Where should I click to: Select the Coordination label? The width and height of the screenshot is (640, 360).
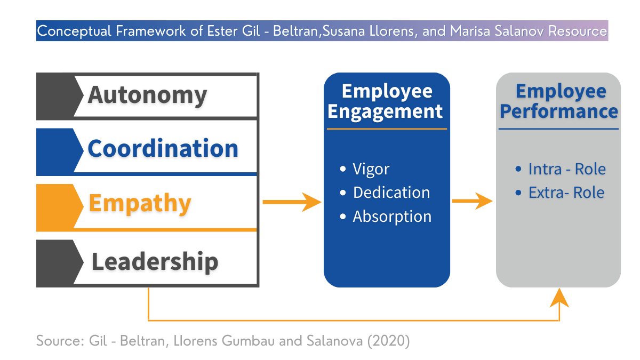coord(163,148)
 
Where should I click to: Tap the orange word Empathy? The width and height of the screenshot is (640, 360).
coord(140,203)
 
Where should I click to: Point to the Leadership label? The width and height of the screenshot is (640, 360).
coord(155,261)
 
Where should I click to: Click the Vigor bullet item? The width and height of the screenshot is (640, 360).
coord(365,169)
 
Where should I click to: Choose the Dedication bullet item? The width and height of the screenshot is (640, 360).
coord(385,193)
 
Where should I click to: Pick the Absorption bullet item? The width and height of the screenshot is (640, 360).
coord(386,217)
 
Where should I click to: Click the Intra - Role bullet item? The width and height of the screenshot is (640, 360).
coord(561,169)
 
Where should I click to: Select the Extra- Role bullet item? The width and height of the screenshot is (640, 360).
coord(560,193)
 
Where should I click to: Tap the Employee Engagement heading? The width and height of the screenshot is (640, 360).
coord(386,102)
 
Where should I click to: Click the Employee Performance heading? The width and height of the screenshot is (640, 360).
coord(559,101)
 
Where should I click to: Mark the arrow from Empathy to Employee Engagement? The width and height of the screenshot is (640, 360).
coord(292,202)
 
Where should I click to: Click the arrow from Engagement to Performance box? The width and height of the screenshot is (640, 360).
coord(473,201)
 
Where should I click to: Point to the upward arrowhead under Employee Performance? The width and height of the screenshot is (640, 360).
coord(559,298)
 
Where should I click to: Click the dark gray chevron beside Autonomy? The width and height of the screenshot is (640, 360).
coord(59,96)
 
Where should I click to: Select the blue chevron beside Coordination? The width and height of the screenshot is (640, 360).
coord(59,151)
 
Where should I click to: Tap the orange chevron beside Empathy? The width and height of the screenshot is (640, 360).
coord(59,207)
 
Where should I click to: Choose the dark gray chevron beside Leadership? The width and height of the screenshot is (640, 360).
coord(59,263)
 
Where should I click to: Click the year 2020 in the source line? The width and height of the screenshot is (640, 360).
coord(388,341)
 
